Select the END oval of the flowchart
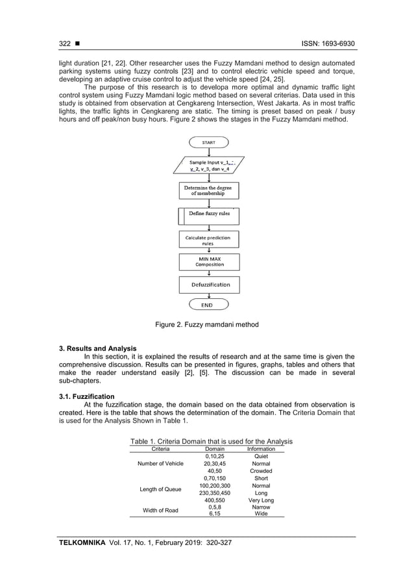point(208,304)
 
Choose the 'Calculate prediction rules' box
point(208,240)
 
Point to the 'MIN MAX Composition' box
point(208,262)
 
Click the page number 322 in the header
point(64,44)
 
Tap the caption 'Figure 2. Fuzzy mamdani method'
point(208,324)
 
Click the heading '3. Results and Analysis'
point(97,349)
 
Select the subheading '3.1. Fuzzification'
point(86,396)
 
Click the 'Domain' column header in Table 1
point(214,449)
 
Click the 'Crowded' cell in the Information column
point(261,471)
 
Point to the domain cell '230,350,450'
point(214,493)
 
